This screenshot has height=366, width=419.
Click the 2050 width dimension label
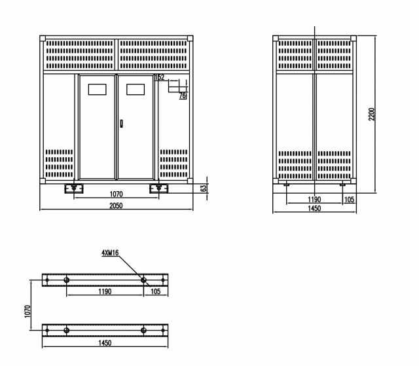(116, 206)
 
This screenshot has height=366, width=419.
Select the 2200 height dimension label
(372, 114)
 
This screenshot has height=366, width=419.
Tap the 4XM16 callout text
(110, 253)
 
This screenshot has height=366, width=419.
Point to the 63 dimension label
(204, 189)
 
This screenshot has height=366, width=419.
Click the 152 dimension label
(160, 77)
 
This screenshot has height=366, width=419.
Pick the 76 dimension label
(183, 96)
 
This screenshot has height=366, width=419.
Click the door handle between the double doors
(121, 124)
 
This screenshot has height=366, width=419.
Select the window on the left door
(98, 90)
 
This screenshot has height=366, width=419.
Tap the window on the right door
(136, 90)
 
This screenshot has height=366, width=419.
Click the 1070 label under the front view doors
(117, 194)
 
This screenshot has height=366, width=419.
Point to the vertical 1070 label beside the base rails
(27, 312)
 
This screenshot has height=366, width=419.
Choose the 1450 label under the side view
(314, 208)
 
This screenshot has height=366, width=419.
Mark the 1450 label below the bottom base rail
(105, 343)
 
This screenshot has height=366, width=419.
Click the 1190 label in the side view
(314, 200)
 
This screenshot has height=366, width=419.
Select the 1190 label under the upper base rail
(105, 291)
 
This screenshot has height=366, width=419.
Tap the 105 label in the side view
(349, 200)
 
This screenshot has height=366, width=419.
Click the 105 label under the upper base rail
(156, 291)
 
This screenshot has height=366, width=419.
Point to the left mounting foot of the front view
(74, 189)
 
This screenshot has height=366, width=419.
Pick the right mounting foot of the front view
(158, 189)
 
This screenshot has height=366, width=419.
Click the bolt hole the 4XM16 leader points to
(143, 280)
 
